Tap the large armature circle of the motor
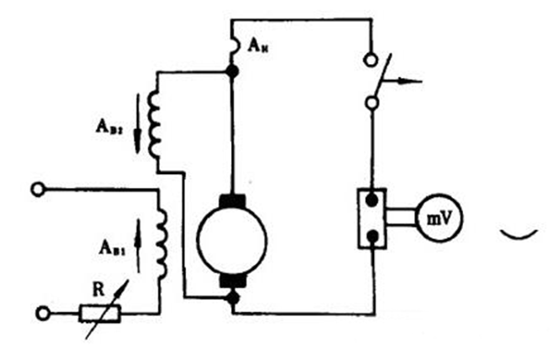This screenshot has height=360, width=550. point(232,239)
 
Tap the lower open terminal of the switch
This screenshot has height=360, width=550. point(372,104)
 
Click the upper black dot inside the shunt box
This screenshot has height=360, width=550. point(373,200)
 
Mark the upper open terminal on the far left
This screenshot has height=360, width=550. point(38,190)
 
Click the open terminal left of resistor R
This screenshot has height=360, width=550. point(38,314)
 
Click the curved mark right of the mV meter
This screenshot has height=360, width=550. point(517,237)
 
